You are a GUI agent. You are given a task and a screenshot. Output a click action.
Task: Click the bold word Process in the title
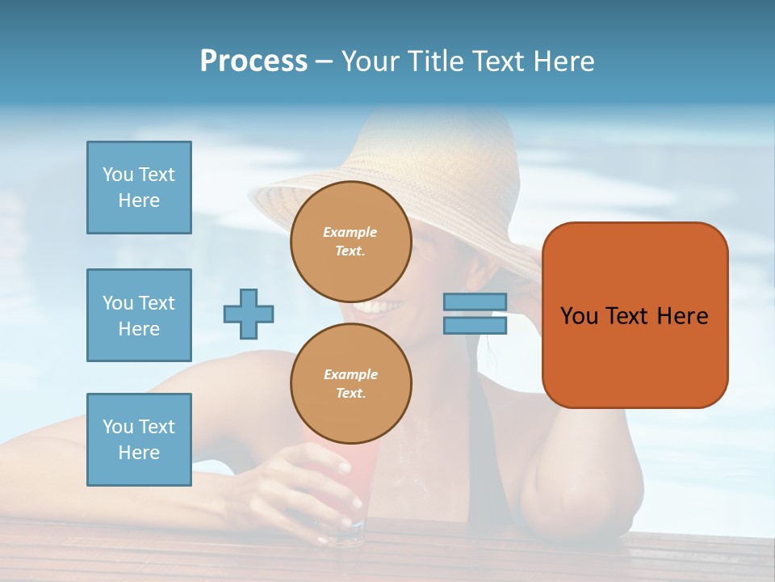(253, 61)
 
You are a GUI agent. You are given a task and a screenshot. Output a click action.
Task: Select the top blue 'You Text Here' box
(139, 188)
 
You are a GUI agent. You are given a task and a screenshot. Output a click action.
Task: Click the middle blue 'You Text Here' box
(139, 315)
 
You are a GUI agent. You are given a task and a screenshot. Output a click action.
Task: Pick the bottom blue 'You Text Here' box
(139, 440)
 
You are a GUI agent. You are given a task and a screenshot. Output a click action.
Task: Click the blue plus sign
(249, 314)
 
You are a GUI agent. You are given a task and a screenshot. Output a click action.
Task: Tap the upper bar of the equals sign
(475, 302)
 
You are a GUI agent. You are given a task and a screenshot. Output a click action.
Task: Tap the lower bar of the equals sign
(475, 325)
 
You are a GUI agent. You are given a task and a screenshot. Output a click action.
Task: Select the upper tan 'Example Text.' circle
(350, 242)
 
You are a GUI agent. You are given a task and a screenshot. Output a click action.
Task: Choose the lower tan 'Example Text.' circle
(350, 384)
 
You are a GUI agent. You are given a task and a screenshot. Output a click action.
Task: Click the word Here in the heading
(563, 61)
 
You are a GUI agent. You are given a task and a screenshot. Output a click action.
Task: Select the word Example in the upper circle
(350, 233)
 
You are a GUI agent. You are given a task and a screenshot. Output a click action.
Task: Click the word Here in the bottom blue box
(139, 453)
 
